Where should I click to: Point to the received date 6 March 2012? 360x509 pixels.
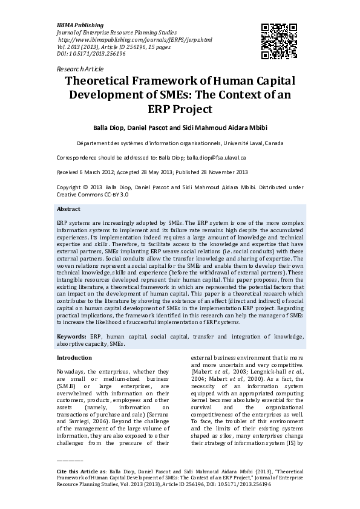(95, 172)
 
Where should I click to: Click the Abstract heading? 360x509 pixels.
(68, 209)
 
